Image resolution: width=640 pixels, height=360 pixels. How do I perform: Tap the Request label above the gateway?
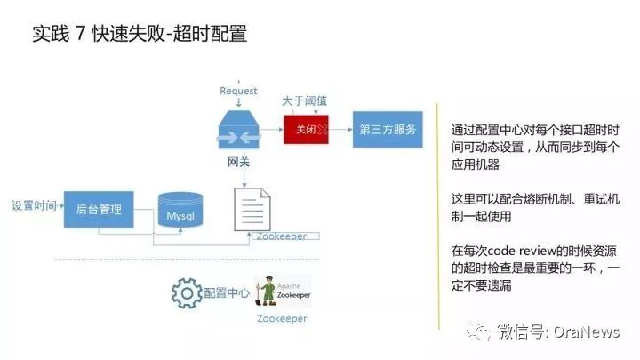(238, 91)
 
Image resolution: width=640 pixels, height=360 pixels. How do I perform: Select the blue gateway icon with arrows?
(238, 132)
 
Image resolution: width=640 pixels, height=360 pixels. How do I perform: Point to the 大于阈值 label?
(304, 102)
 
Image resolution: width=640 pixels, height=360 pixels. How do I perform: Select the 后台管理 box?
(99, 210)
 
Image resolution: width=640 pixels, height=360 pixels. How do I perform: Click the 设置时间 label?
(34, 206)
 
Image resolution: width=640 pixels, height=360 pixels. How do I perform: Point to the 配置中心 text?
(228, 292)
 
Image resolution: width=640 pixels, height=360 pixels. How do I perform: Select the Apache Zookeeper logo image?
(283, 292)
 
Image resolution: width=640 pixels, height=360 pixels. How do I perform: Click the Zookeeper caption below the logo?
(282, 318)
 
